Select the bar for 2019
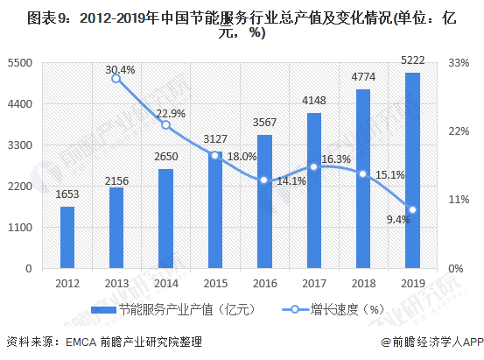coord(412,170)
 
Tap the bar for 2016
coord(264,201)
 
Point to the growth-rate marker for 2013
coord(116,79)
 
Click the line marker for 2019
coord(412,209)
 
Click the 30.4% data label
coord(120,69)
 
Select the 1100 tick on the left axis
coord(19,227)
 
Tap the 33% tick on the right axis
coord(459,63)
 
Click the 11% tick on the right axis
coord(459,200)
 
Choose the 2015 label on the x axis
coord(215,283)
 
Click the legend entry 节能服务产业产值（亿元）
coord(175,308)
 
